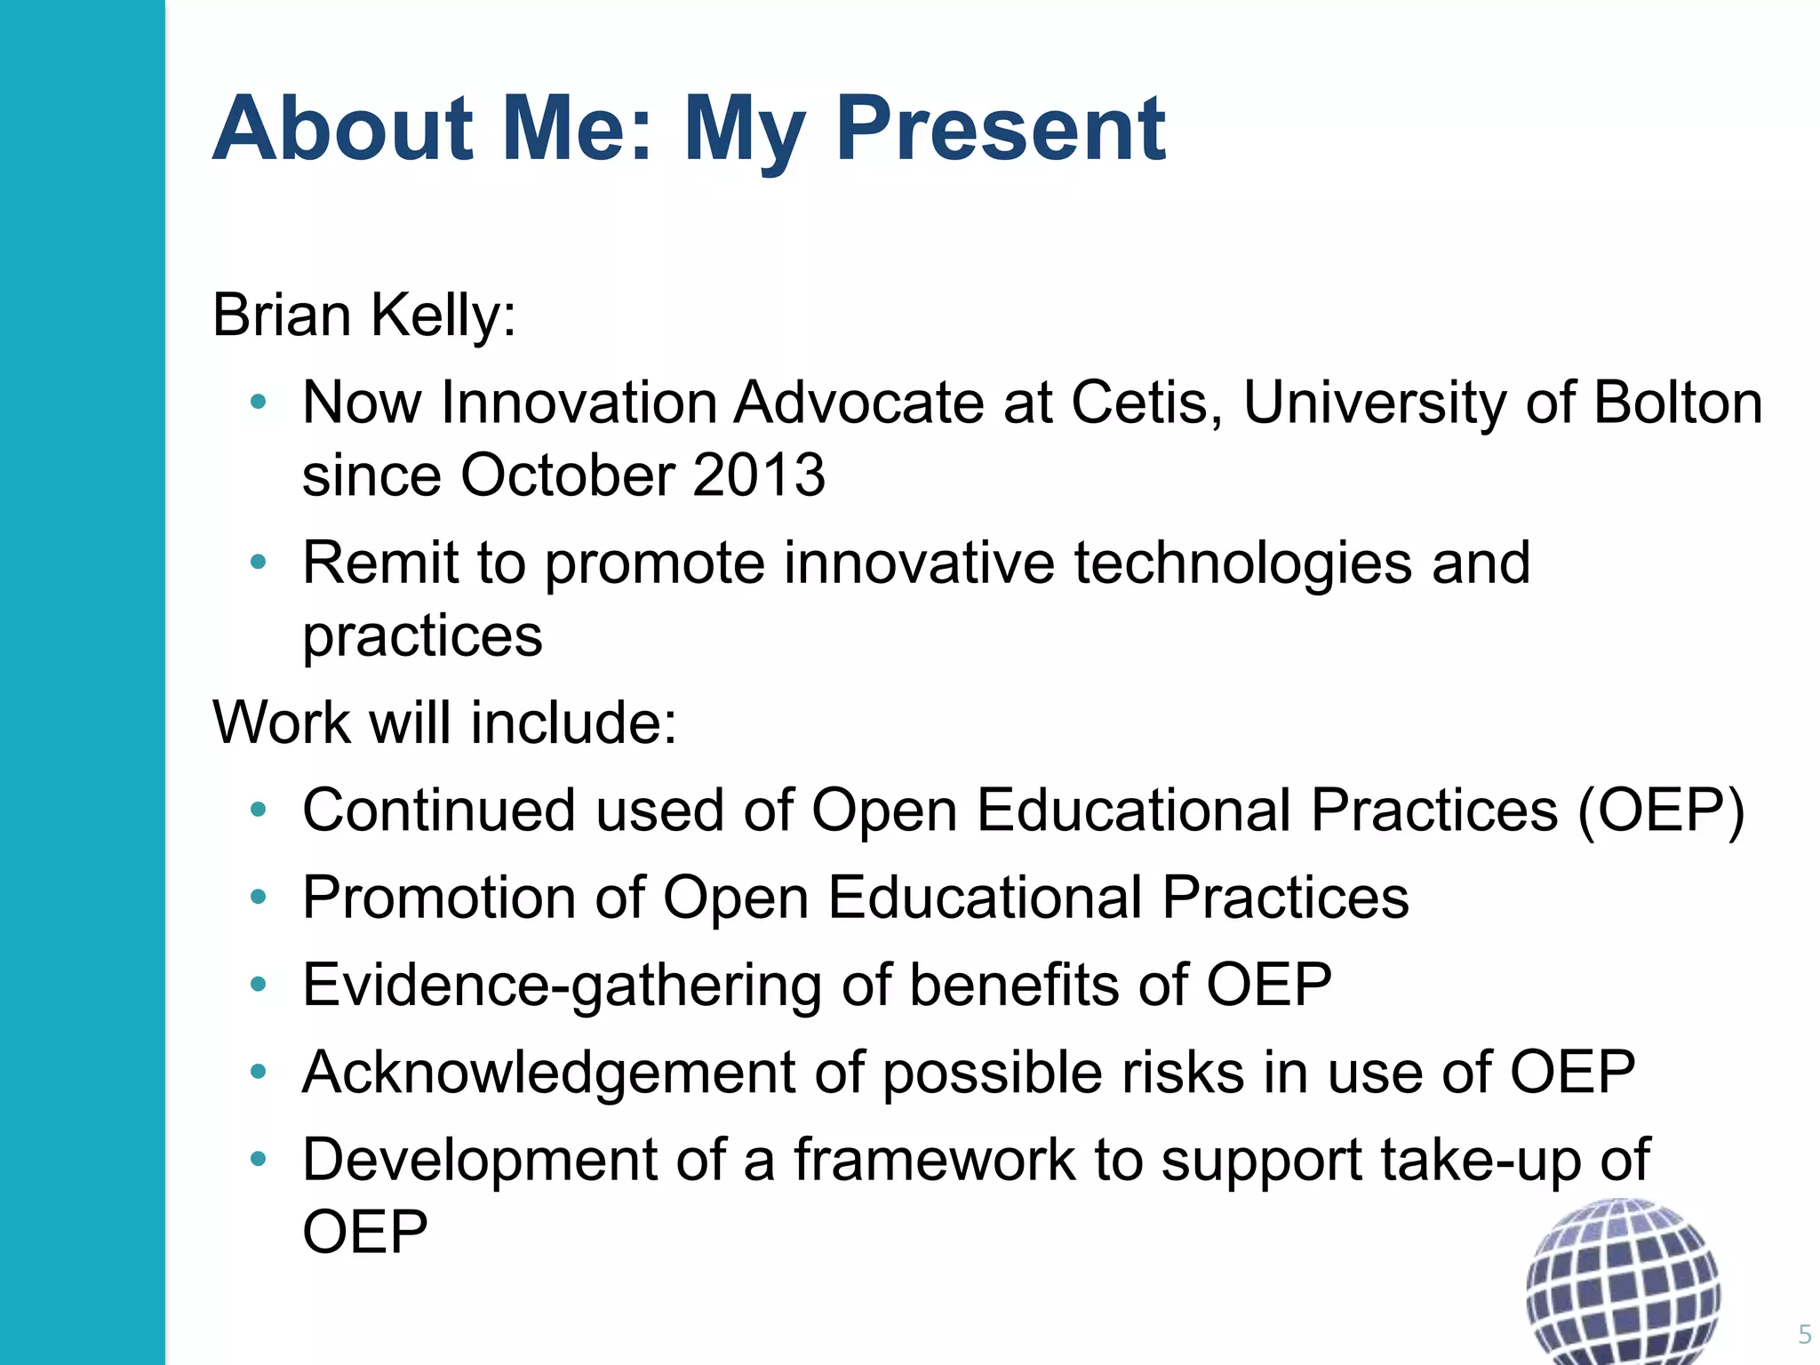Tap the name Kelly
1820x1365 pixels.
[x=443, y=315]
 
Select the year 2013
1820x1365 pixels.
[x=759, y=475]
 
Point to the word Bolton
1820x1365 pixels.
[x=1678, y=403]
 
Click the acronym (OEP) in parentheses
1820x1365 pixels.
[x=1661, y=810]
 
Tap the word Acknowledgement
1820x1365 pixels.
[x=548, y=1072]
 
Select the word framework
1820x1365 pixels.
[x=934, y=1160]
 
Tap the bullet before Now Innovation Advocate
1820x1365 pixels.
[x=259, y=403]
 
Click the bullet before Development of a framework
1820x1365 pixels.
[x=259, y=1159]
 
